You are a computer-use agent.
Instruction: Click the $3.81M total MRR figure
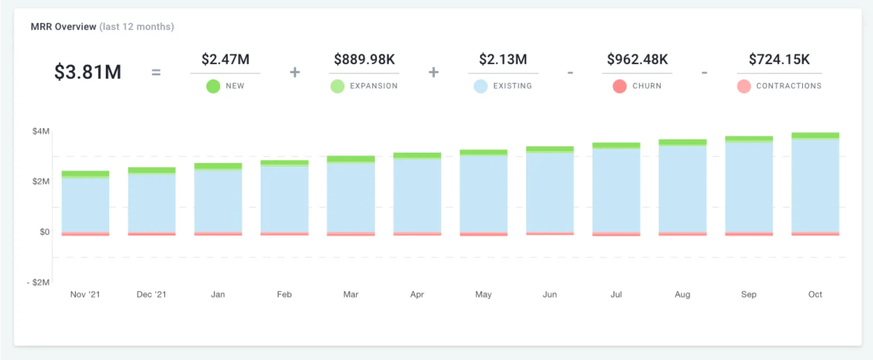88,72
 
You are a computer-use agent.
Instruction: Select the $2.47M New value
226,59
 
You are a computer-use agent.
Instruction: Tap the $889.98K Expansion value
364,59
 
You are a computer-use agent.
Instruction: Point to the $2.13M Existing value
503,59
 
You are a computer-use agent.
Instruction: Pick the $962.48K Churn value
637,59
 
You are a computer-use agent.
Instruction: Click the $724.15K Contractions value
779,59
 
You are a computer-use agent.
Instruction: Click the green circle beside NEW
213,86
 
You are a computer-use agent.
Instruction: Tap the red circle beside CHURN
619,86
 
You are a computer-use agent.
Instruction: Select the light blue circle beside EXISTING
480,86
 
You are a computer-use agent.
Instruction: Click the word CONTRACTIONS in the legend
789,86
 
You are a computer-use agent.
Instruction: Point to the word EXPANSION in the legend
374,86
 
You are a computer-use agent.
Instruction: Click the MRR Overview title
63,26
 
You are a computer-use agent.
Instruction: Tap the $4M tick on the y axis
41,131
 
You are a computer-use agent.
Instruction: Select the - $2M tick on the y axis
38,282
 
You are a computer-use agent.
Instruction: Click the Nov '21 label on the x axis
85,294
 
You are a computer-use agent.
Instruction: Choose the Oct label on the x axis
815,294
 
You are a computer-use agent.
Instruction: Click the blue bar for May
484,194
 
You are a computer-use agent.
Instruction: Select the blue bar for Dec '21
151,203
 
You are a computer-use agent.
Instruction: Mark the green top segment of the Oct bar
815,135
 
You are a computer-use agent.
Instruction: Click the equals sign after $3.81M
156,72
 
